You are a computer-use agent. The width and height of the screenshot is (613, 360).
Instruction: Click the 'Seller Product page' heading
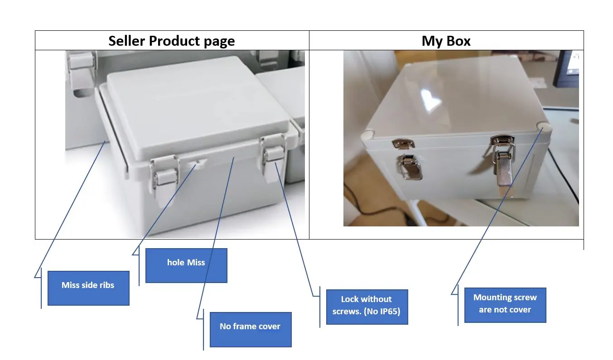171,41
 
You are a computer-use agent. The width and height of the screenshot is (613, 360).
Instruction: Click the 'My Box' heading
446,41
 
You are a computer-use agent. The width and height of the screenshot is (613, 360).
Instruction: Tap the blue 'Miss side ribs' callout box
88,288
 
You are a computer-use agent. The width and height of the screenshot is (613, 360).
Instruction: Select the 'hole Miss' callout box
186,265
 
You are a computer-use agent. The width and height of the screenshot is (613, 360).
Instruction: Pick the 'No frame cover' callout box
250,329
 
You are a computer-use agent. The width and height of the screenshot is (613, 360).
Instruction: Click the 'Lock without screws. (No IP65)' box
367,307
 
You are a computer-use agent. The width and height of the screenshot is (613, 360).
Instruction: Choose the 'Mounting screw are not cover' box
505,305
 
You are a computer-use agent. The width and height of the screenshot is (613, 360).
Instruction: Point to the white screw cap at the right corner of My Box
543,128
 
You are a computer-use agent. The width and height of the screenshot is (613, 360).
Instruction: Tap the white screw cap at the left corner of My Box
367,134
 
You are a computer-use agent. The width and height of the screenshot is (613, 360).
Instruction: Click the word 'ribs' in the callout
106,285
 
